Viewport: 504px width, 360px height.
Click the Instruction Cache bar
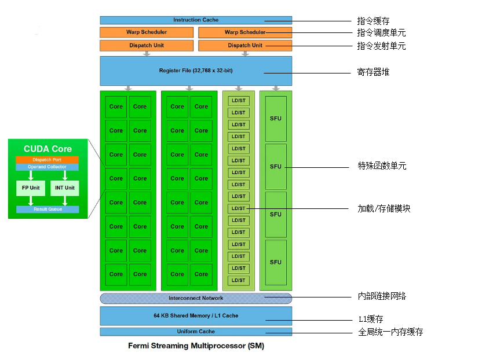[x=196, y=20]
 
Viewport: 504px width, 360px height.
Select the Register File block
[x=196, y=71]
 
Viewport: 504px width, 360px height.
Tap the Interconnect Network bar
[x=196, y=298]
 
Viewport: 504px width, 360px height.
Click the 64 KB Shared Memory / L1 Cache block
[x=196, y=315]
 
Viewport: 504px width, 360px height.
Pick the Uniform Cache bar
[x=196, y=332]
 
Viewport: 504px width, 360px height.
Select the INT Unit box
[x=65, y=188]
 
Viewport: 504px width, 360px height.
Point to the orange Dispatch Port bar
[x=48, y=160]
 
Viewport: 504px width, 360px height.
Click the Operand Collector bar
[x=48, y=167]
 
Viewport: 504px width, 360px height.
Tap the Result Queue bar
[x=48, y=209]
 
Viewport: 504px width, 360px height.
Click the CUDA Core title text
[x=48, y=149]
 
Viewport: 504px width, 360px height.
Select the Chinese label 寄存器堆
[x=373, y=73]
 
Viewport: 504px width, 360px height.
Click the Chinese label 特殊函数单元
[x=382, y=166]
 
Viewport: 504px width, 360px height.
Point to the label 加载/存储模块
[x=384, y=208]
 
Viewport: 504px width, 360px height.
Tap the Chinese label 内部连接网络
[x=382, y=296]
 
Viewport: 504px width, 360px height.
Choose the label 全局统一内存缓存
[x=390, y=332]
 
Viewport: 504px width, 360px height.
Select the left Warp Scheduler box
[x=147, y=32]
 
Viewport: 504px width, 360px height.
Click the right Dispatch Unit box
[x=245, y=45]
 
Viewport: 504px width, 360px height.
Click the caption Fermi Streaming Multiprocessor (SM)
[x=196, y=346]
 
